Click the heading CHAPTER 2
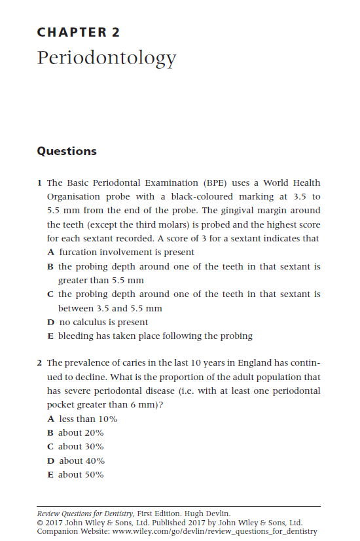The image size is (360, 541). coord(79,32)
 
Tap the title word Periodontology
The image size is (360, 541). coord(107,59)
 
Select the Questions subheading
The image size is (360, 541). coord(67,151)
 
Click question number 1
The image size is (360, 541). coord(40,183)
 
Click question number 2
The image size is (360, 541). coord(40,362)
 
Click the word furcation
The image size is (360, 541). coord(81,253)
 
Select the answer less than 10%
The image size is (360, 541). coord(88,419)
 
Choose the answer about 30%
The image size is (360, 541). coord(81,447)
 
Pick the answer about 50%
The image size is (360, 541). coord(81,475)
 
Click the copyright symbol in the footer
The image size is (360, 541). coord(40,523)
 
